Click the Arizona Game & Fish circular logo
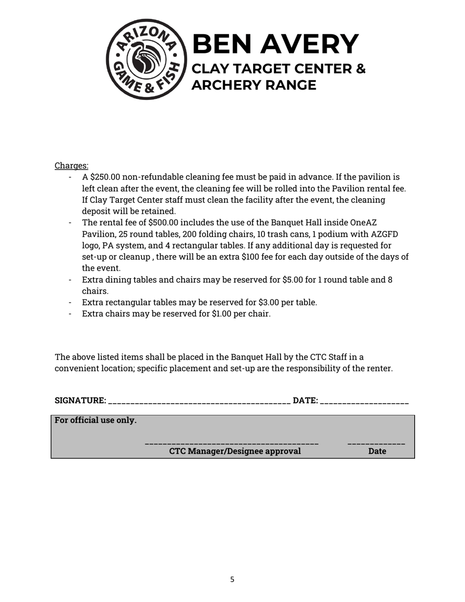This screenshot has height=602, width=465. click(146, 59)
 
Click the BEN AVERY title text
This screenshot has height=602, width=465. click(276, 44)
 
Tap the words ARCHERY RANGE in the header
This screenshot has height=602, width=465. click(254, 85)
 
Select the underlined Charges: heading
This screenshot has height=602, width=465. click(71, 165)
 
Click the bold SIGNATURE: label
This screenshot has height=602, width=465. click(80, 400)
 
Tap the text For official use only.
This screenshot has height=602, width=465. click(95, 420)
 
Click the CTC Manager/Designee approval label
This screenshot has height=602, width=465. click(235, 451)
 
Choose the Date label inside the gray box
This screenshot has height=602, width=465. click(377, 451)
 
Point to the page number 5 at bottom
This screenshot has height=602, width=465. click(232, 579)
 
